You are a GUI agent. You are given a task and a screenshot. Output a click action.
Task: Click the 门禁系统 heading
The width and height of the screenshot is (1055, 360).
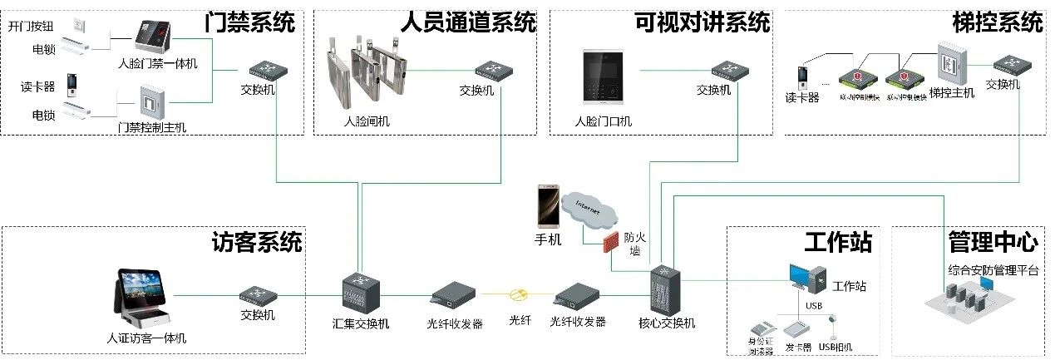tap(249, 23)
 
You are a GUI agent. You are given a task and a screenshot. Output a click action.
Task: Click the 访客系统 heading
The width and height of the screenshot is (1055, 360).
tap(257, 243)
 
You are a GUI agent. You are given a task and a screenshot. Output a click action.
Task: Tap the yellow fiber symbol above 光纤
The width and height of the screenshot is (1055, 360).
tap(519, 294)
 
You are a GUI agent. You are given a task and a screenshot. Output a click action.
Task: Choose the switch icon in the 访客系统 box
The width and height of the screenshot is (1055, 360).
tap(257, 294)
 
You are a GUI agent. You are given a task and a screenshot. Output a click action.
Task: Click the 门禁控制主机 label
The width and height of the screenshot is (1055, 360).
tap(152, 128)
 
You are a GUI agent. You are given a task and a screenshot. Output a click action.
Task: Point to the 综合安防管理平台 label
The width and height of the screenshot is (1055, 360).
tap(993, 269)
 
